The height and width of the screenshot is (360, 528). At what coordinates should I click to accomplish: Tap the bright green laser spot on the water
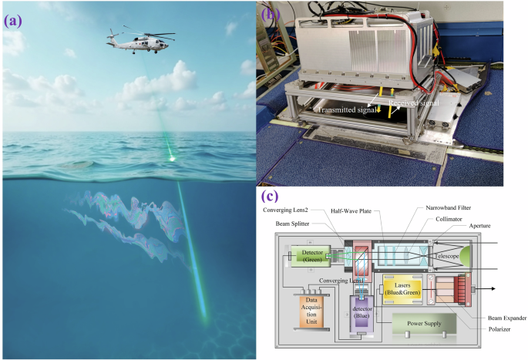172,160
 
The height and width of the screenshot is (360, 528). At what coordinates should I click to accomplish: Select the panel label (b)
271,14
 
